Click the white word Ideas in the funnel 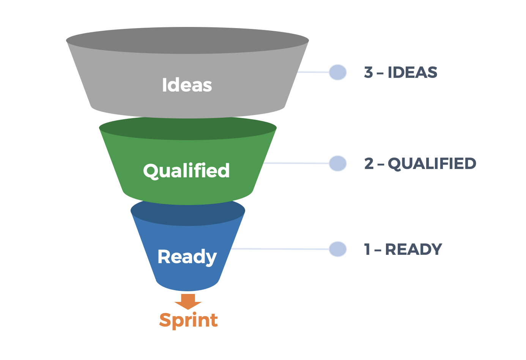point(187,85)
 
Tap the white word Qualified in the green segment point(186,171)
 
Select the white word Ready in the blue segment point(187,257)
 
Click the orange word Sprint point(188,320)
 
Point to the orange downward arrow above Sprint point(188,301)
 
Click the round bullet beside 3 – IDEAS point(337,72)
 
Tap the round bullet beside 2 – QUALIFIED point(337,163)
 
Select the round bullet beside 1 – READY point(337,249)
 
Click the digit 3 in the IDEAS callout point(368,73)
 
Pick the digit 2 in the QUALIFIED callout point(369,164)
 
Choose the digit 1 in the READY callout point(367,249)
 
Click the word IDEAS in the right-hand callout point(412,73)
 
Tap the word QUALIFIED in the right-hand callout point(432,164)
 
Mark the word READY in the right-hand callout point(414,249)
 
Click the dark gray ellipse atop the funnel point(187,40)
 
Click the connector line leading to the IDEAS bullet point(313,72)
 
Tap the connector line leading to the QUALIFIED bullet point(296,163)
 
